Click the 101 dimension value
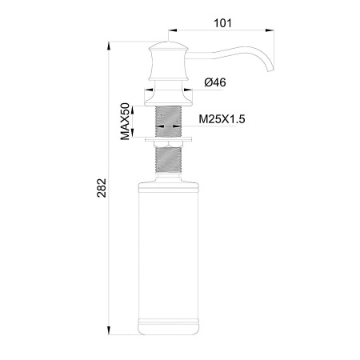pos(222,23)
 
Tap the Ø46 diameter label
pos(216,82)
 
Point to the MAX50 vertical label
pos(126,121)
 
